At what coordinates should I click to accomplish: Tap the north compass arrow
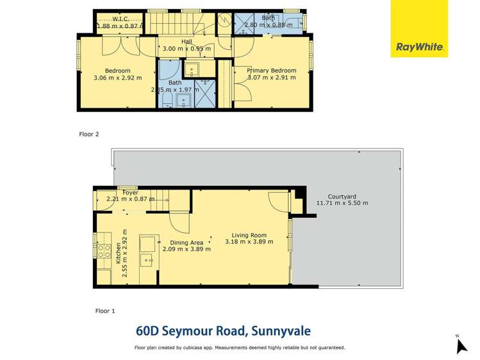coord(461,345)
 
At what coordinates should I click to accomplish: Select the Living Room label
coord(249,234)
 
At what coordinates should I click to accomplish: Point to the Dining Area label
coord(186,242)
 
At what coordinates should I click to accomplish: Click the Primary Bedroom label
coord(272,70)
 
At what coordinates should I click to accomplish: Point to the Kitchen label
coord(118,256)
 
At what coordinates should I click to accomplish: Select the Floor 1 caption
coord(104,311)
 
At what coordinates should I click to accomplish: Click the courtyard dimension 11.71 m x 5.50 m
coord(342,203)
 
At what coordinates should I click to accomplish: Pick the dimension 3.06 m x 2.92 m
coord(117,78)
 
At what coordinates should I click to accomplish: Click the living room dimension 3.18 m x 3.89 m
coord(249,241)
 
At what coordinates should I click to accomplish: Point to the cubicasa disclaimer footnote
coord(240,348)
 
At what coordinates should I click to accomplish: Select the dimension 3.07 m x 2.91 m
coord(272,78)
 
